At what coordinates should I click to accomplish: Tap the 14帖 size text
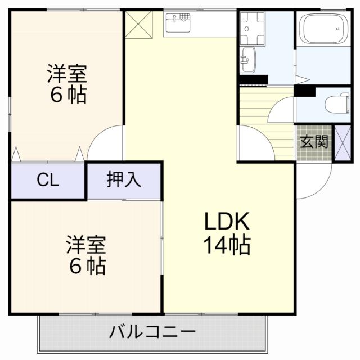tap(227, 246)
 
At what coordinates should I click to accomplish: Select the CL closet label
tap(48, 181)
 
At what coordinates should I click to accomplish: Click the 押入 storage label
tap(124, 180)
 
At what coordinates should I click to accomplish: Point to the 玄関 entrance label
tap(313, 142)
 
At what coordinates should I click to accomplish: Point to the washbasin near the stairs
tap(248, 59)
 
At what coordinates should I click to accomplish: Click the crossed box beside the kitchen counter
tap(139, 24)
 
